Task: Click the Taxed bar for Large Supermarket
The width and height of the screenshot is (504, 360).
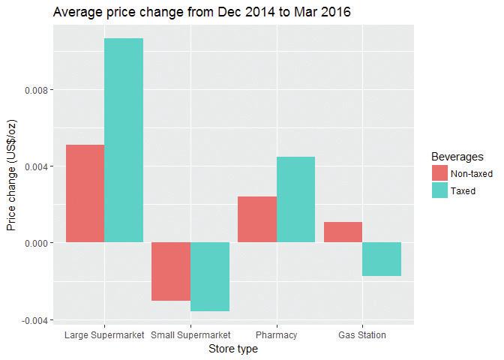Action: click(x=124, y=140)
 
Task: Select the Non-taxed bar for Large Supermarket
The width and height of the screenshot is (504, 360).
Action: click(x=85, y=193)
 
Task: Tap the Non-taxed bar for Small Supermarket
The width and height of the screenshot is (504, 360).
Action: click(x=171, y=271)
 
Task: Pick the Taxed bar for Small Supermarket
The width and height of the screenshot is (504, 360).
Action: click(x=210, y=277)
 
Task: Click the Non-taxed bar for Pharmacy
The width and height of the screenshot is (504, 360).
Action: click(x=257, y=219)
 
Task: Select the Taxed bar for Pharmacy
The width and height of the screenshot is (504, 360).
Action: click(x=295, y=199)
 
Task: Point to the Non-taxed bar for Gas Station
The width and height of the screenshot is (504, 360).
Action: click(x=343, y=232)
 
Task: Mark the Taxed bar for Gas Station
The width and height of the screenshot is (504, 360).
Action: click(x=382, y=259)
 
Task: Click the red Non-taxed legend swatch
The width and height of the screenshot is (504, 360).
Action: click(x=439, y=173)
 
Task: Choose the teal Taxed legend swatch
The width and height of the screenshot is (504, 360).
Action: click(x=439, y=190)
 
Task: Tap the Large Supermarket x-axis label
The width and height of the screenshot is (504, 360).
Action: click(x=104, y=334)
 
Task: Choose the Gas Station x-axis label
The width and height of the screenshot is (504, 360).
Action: click(x=361, y=334)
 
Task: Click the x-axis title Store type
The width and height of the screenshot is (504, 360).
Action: click(x=232, y=349)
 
